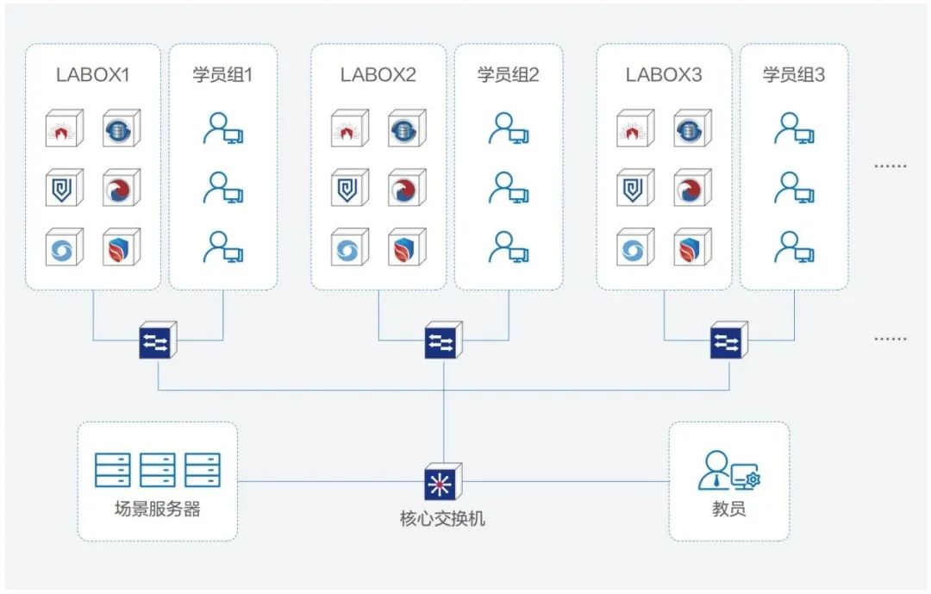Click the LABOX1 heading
pos(92,75)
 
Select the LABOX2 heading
pos(378,75)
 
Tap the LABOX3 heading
pos(664,75)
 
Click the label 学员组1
pos(222,75)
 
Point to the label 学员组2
pos(508,75)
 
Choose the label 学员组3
pos(794,75)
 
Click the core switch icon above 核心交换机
pos(443,483)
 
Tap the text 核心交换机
pos(443,519)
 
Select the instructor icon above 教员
pos(728,471)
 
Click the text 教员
pos(728,509)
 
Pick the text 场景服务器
pos(157,509)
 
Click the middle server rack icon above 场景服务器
pos(157,470)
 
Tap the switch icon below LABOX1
pos(158,341)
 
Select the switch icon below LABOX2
pos(443,341)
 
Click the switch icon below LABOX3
pos(729,341)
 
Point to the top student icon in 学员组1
pos(223,128)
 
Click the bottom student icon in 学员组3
pos(794,247)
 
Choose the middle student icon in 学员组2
pos(509,188)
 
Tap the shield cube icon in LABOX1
pos(64,188)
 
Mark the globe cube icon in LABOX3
pos(691,128)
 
